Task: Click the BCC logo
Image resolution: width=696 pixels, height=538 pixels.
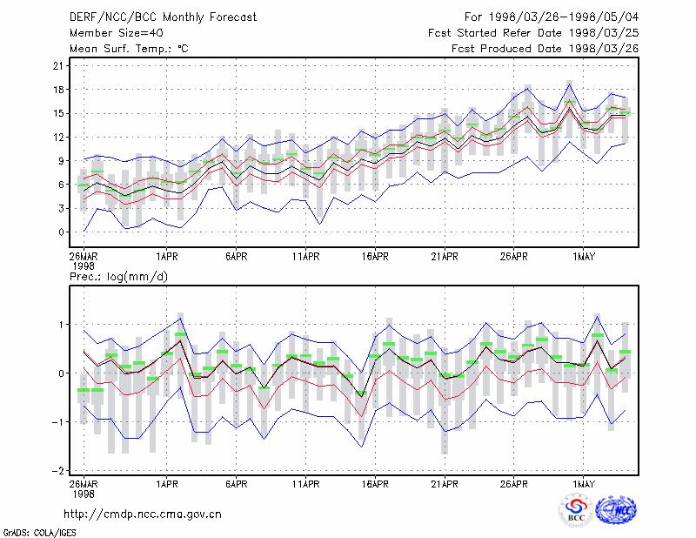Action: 576,511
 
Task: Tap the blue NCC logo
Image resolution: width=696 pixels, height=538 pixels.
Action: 616,510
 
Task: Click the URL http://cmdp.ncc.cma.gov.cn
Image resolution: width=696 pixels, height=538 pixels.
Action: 143,514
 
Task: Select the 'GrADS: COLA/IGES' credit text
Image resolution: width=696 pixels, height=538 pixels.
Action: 39,533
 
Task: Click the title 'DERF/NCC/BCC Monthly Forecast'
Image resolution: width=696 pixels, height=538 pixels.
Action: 163,17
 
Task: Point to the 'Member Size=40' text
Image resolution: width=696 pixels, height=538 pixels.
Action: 117,33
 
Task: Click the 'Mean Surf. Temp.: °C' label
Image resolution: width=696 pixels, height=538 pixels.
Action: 129,49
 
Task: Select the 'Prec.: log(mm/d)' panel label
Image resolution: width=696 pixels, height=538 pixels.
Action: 118,277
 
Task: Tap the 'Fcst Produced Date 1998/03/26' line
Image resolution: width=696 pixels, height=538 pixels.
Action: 545,49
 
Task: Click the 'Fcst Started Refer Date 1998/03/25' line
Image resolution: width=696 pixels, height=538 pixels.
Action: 533,33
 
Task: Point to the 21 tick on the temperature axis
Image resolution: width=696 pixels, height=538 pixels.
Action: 58,66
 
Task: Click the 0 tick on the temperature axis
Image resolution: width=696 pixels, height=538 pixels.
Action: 61,232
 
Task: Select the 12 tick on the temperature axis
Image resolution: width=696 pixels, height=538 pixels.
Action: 58,138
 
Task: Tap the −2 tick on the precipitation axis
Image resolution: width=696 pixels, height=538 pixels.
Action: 57,470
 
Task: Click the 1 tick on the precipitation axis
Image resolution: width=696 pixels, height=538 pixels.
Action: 62,325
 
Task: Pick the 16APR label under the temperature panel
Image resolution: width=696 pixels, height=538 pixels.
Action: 375,257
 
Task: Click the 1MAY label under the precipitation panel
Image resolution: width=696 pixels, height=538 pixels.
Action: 583,484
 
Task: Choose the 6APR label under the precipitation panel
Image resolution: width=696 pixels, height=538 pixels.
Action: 236,484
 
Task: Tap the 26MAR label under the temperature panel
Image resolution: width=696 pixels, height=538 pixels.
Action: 84,257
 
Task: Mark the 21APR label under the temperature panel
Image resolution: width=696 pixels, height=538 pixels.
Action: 445,257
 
